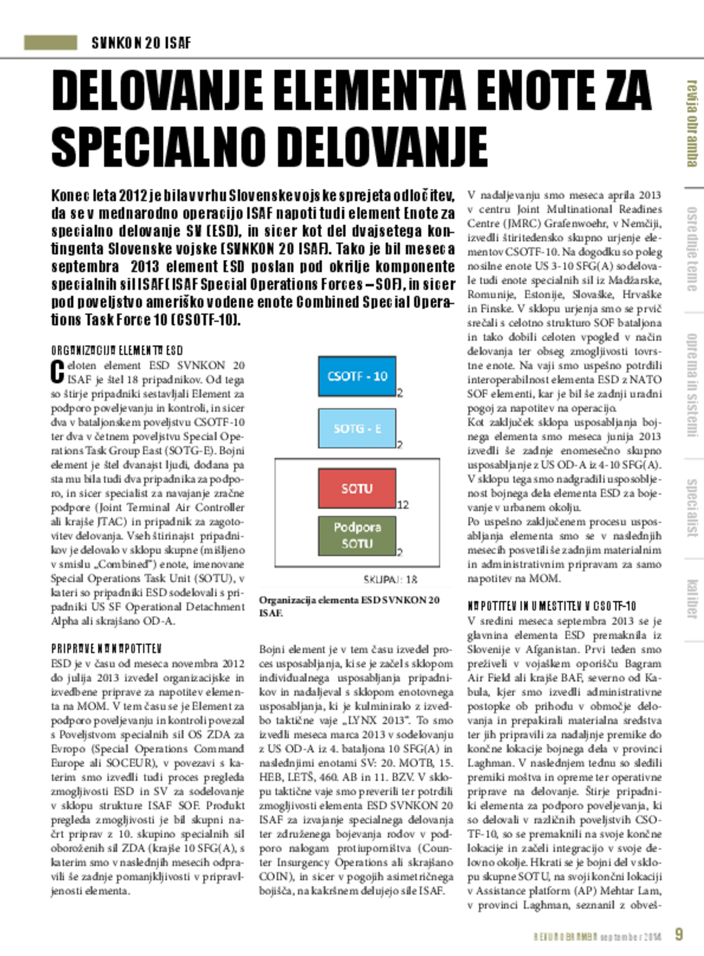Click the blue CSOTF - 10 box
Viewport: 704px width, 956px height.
pyautogui.click(x=357, y=376)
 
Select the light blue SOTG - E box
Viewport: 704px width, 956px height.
pyautogui.click(x=357, y=428)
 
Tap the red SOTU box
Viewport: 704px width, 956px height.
pyautogui.click(x=357, y=488)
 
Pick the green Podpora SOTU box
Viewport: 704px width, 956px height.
pyautogui.click(x=357, y=535)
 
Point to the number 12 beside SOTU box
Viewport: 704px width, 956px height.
pyautogui.click(x=403, y=505)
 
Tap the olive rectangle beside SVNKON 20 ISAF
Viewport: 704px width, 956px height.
pyautogui.click(x=50, y=43)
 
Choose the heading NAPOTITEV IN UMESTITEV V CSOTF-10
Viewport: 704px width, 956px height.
pyautogui.click(x=551, y=606)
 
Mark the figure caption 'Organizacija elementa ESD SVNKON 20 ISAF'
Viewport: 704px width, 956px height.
pyautogui.click(x=349, y=606)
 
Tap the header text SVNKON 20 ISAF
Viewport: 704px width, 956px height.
pyautogui.click(x=141, y=43)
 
